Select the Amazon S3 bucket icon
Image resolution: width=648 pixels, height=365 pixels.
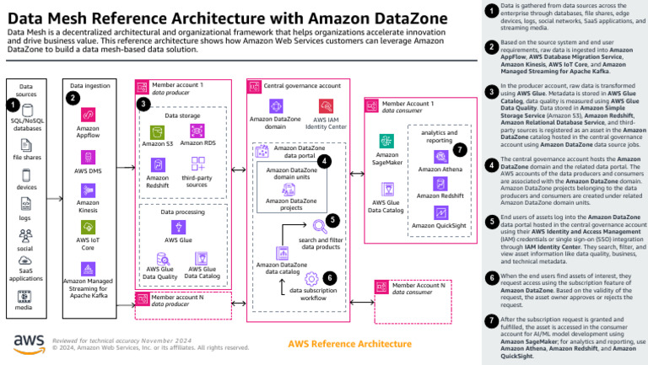tap(157, 132)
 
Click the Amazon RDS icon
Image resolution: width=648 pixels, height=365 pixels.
tap(197, 132)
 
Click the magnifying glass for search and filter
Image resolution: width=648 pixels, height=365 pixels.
tap(320, 226)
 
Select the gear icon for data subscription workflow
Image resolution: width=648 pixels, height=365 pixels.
tap(310, 277)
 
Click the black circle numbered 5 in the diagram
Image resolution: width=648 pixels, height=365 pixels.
tap(333, 220)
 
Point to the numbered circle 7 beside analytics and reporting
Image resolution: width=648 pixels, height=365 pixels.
tap(459, 149)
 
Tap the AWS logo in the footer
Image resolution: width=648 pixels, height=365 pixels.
tap(28, 341)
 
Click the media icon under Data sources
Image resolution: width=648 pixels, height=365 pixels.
tap(24, 296)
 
